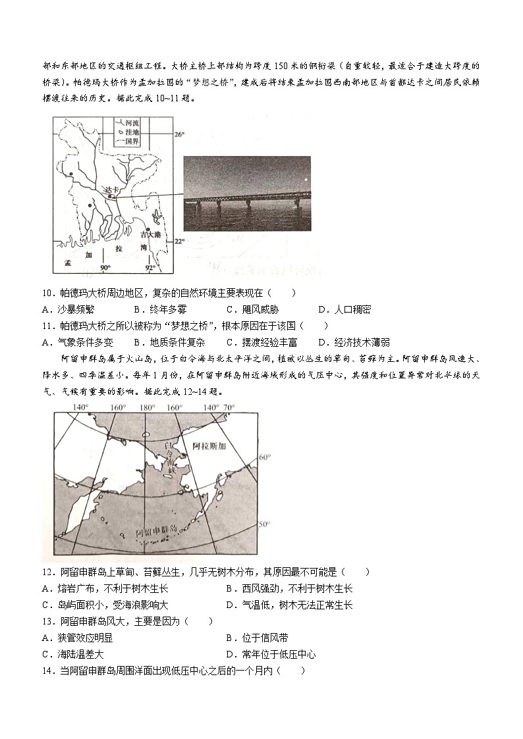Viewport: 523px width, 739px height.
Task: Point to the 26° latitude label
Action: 179,135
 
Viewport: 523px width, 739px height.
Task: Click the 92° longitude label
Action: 150,268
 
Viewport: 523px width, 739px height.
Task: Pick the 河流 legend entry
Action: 132,122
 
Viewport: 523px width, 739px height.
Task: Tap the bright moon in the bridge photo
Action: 305,179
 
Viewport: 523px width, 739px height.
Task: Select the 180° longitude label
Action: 146,407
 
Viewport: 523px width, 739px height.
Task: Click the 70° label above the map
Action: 229,407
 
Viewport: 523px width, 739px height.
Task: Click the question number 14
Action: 47,671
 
